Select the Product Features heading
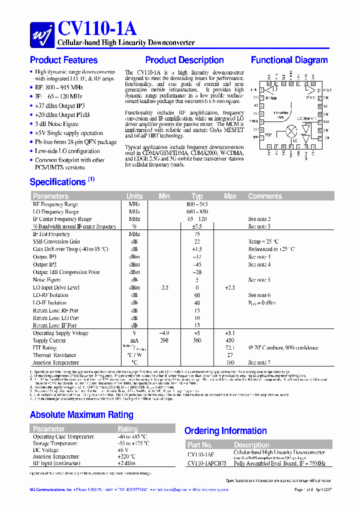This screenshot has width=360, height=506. (x=63, y=60)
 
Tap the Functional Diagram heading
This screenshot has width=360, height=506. (x=289, y=60)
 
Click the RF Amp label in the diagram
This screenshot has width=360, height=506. (x=270, y=98)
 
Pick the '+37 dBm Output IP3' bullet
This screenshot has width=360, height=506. (x=60, y=106)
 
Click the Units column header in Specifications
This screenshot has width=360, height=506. (x=134, y=196)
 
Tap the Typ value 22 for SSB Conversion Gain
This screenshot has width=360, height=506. (x=197, y=241)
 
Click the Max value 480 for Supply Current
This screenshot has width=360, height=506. (x=230, y=340)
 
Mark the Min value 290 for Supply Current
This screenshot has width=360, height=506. (x=164, y=340)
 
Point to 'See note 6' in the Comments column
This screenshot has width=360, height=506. (x=259, y=295)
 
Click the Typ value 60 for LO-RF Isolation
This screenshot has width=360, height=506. (x=197, y=295)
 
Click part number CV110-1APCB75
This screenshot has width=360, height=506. (x=206, y=463)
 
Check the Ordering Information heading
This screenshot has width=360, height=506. (x=226, y=431)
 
